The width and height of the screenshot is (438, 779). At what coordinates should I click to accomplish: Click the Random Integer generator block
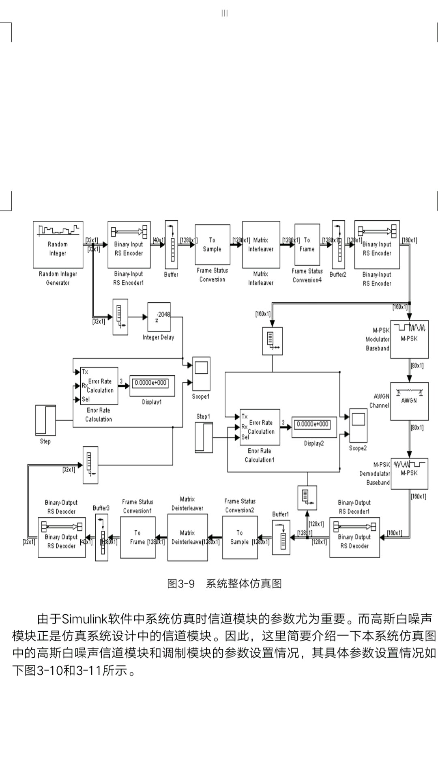(58, 244)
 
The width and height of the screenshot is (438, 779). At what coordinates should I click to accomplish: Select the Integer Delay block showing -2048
(159, 317)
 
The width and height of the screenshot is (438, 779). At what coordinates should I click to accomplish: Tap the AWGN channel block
(409, 401)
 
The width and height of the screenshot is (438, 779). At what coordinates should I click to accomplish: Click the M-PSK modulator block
(409, 335)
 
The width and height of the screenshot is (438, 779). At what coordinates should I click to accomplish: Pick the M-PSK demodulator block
(409, 473)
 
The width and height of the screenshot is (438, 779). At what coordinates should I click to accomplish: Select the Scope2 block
(358, 425)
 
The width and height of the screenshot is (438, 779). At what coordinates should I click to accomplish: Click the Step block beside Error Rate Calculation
(45, 420)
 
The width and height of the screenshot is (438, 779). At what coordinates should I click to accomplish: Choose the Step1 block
(204, 437)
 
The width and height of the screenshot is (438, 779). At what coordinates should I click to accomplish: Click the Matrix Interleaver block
(261, 245)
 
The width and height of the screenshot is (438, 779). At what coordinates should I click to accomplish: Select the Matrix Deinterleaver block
(187, 537)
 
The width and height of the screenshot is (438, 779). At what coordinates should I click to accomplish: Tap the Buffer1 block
(281, 537)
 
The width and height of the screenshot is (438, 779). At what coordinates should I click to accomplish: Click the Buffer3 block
(102, 537)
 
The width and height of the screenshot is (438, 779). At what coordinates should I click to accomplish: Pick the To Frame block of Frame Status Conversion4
(307, 245)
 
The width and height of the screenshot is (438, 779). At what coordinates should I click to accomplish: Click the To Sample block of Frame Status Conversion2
(240, 537)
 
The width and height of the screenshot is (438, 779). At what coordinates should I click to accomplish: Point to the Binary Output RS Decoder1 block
(354, 537)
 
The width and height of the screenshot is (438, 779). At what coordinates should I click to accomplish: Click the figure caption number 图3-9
(181, 584)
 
